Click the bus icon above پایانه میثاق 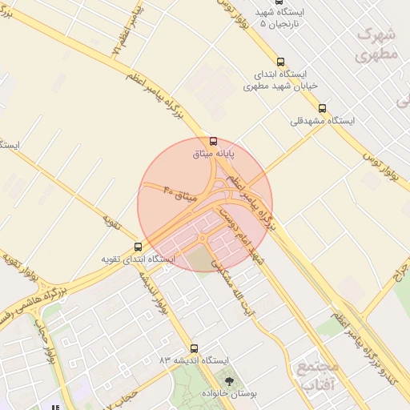212,141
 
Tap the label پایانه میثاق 215,153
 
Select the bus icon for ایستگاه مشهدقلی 322,108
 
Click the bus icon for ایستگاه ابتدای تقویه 138,247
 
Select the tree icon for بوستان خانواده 231,382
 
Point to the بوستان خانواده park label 231,395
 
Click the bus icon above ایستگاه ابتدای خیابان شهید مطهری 280,62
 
